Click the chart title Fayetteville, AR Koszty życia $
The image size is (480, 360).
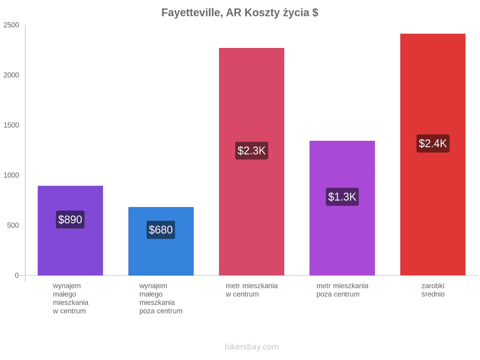[x=239, y=13]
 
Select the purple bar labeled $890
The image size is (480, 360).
[x=70, y=230]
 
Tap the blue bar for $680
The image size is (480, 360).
[x=161, y=241]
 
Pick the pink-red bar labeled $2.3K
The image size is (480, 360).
[x=252, y=162]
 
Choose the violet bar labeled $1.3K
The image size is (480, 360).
[x=342, y=208]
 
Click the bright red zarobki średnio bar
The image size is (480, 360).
[x=433, y=155]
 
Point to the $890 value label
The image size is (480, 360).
[x=70, y=220]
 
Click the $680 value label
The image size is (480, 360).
[x=161, y=230]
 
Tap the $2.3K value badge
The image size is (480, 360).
[x=252, y=150]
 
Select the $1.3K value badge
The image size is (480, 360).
[x=342, y=197]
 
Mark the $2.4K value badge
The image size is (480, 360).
[x=433, y=143]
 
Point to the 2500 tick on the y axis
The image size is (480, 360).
[x=11, y=25]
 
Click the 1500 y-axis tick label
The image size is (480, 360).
[x=11, y=125]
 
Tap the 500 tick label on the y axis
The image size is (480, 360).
[x=13, y=225]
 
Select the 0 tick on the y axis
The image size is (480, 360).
[x=17, y=275]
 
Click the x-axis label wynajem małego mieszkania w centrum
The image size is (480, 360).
[x=71, y=298]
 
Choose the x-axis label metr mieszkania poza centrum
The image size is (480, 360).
[x=342, y=290]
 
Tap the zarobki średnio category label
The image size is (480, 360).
[x=433, y=290]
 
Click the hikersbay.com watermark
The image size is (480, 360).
[x=252, y=347]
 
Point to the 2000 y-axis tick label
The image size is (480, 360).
[x=11, y=75]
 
